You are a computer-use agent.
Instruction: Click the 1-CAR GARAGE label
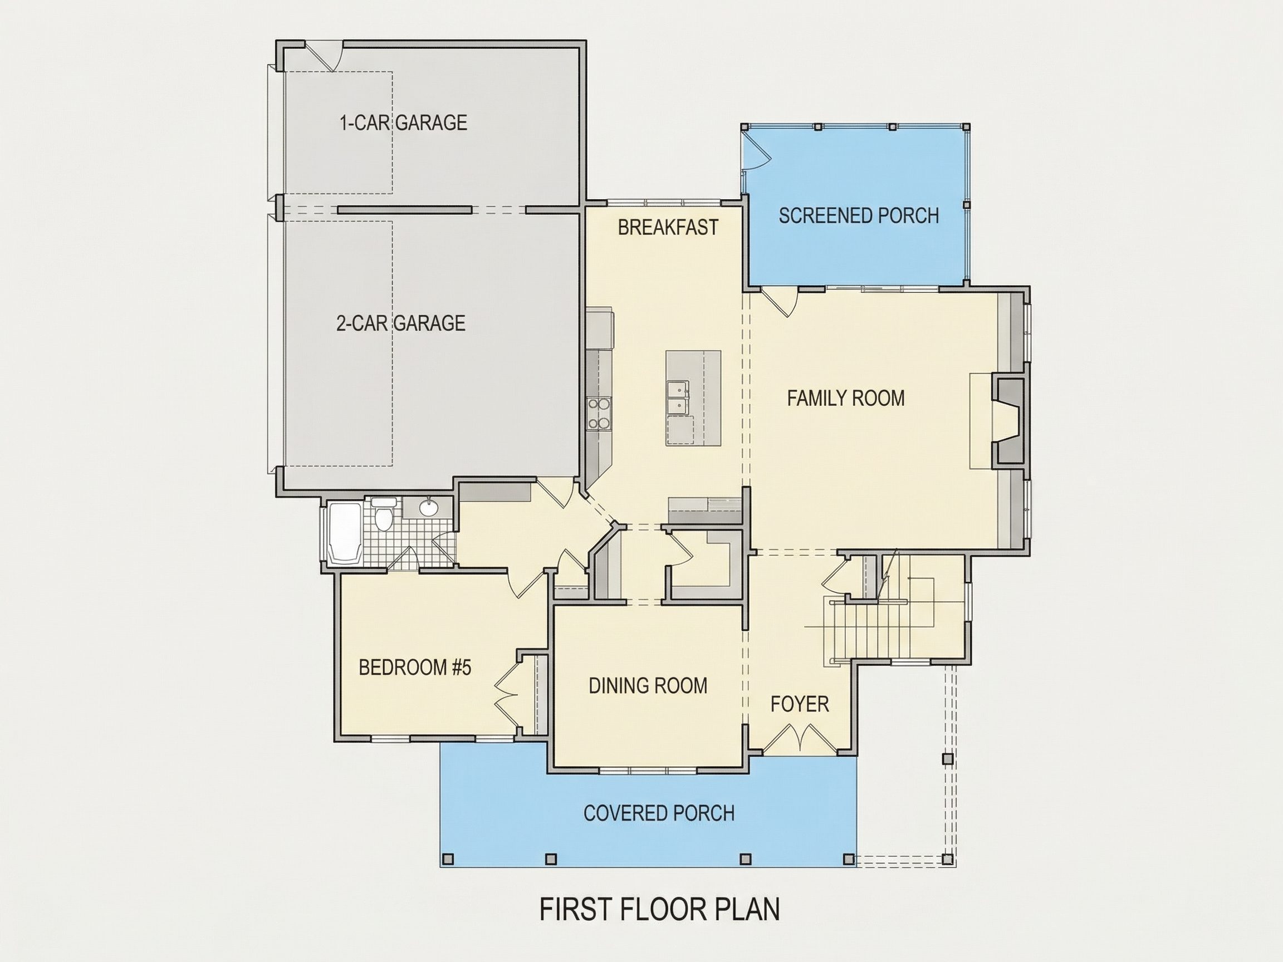403,122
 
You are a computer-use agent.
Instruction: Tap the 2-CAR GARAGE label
401,323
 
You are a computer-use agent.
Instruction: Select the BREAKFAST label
668,227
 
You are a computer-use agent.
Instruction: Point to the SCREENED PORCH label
859,215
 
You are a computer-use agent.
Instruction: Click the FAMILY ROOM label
846,398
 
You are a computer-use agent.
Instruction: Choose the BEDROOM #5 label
415,667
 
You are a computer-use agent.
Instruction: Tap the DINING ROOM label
648,685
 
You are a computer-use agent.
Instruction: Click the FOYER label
799,704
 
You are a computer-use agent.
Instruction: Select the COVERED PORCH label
659,813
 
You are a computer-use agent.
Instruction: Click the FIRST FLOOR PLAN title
659,909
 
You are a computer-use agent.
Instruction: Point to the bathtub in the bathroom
346,534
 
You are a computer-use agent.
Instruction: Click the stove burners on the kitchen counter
599,414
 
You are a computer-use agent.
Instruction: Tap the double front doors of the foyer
800,739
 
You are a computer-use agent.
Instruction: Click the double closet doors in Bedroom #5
506,694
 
